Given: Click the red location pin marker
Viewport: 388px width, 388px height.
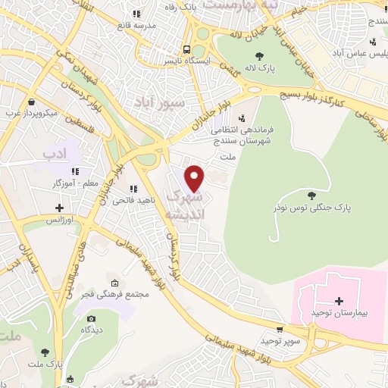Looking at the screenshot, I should [195, 177].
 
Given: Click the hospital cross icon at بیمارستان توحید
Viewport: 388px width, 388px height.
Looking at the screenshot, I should [339, 301].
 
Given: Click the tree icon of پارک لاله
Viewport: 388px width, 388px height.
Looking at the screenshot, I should [260, 55].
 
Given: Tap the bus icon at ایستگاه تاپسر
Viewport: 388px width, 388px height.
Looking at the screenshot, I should [186, 45].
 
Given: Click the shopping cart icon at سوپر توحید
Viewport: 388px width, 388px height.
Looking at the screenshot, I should [280, 329].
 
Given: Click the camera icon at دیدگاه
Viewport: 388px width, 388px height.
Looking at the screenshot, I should [92, 319].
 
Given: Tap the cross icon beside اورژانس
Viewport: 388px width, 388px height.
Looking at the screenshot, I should [59, 207].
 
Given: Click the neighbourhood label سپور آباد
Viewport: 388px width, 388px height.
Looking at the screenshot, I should [160, 100].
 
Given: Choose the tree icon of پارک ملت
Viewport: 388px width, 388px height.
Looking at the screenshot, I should [46, 352].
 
